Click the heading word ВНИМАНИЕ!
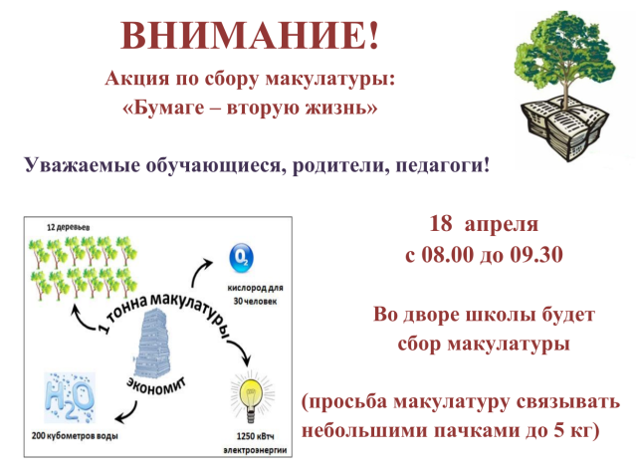pyautogui.click(x=250, y=35)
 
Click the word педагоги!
pyautogui.click(x=442, y=166)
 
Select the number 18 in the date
pyautogui.click(x=440, y=223)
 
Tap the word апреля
pyautogui.click(x=502, y=225)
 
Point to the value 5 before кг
pyautogui.click(x=559, y=430)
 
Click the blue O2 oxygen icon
pyautogui.click(x=241, y=258)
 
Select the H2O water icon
pyautogui.click(x=69, y=397)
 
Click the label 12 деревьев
pyautogui.click(x=69, y=227)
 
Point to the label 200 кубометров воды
pyautogui.click(x=76, y=436)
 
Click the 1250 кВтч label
pyautogui.click(x=255, y=436)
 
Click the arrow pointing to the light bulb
pyautogui.click(x=241, y=351)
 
